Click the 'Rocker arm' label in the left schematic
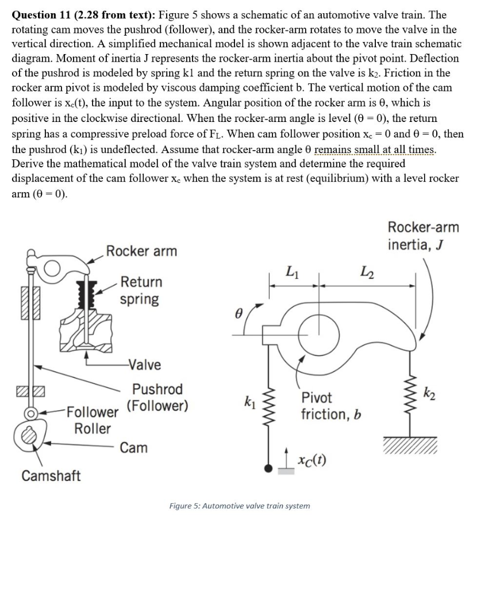click(x=141, y=251)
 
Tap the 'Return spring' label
click(x=141, y=290)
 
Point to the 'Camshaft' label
click(x=51, y=476)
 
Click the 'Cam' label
click(x=133, y=448)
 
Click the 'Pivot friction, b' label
click(x=330, y=406)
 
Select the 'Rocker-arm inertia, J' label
click(x=424, y=236)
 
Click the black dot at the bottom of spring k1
click(x=268, y=469)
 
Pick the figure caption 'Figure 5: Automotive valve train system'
click(x=240, y=506)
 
